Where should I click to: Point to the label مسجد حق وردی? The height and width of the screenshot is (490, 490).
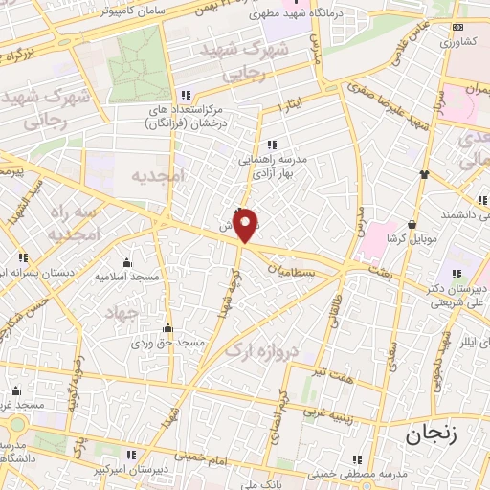point(167,342)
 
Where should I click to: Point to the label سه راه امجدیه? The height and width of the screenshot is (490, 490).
point(74,221)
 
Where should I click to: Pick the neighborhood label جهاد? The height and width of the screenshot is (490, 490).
point(123,314)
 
